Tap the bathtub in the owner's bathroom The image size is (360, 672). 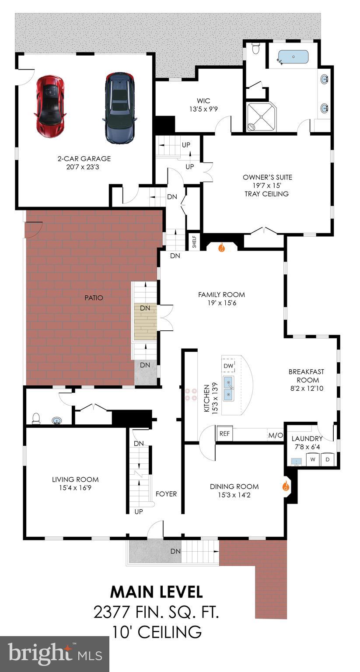click(293, 57)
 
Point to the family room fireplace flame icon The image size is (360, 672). click(221, 248)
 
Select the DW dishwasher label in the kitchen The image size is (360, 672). click(228, 366)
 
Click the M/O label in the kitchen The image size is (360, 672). click(275, 435)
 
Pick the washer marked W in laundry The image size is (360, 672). click(313, 460)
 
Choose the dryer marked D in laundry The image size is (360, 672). click(327, 460)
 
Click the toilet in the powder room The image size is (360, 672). click(36, 419)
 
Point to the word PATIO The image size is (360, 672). click(94, 298)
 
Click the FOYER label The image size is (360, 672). click(166, 494)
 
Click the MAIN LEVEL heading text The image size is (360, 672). click(156, 591)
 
